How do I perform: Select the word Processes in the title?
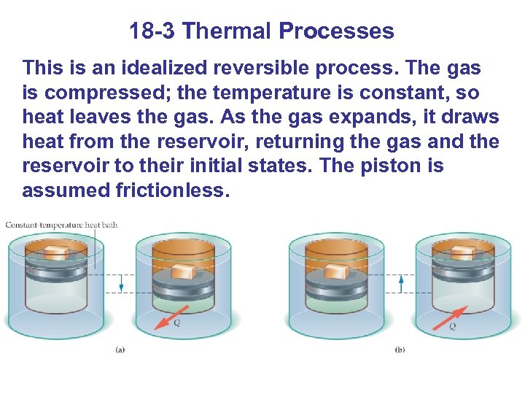pos(336,31)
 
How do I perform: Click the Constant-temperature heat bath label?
pos(61,225)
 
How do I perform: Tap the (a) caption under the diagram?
pos(120,349)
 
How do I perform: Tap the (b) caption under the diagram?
pos(400,349)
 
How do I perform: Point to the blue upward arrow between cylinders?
pos(400,282)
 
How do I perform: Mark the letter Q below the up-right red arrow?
pos(452,327)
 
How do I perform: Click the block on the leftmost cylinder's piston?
pos(56,252)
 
